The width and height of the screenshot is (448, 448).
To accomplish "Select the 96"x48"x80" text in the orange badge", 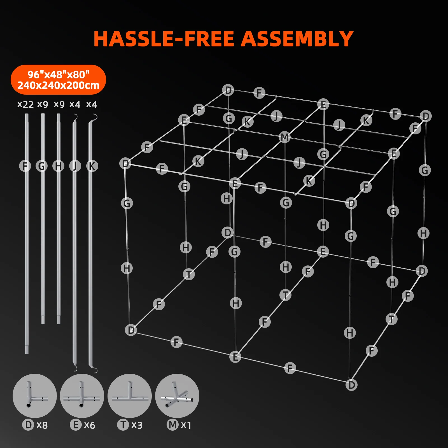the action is click(x=58, y=74).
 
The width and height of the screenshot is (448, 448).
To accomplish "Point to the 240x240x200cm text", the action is click(x=58, y=85).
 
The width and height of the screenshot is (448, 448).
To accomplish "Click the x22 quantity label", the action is click(x=25, y=104).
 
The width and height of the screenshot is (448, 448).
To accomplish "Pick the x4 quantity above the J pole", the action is click(x=75, y=104).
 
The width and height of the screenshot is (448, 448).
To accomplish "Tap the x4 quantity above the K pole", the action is click(x=92, y=104).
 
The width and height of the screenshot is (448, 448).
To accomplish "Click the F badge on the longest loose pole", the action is click(x=25, y=166).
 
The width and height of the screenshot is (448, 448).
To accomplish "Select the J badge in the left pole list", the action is click(x=75, y=166).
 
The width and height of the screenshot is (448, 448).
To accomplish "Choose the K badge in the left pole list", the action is click(x=92, y=166).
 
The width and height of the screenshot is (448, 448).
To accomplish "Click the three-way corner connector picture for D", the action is click(x=35, y=396).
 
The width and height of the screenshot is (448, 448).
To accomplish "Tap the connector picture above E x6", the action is click(x=82, y=396).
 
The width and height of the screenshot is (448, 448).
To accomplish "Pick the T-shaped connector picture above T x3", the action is click(x=130, y=396).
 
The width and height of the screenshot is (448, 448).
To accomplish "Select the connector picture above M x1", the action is click(x=177, y=396).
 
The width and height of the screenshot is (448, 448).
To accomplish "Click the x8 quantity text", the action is click(x=42, y=425).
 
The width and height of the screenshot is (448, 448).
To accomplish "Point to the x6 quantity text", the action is click(x=90, y=425).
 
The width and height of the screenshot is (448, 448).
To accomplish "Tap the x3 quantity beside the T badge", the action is click(x=137, y=425).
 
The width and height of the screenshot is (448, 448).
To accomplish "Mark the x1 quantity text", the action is click(x=186, y=425).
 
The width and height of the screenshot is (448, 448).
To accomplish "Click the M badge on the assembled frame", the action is click(x=285, y=137).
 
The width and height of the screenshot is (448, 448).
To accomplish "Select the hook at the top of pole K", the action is click(x=95, y=117).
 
